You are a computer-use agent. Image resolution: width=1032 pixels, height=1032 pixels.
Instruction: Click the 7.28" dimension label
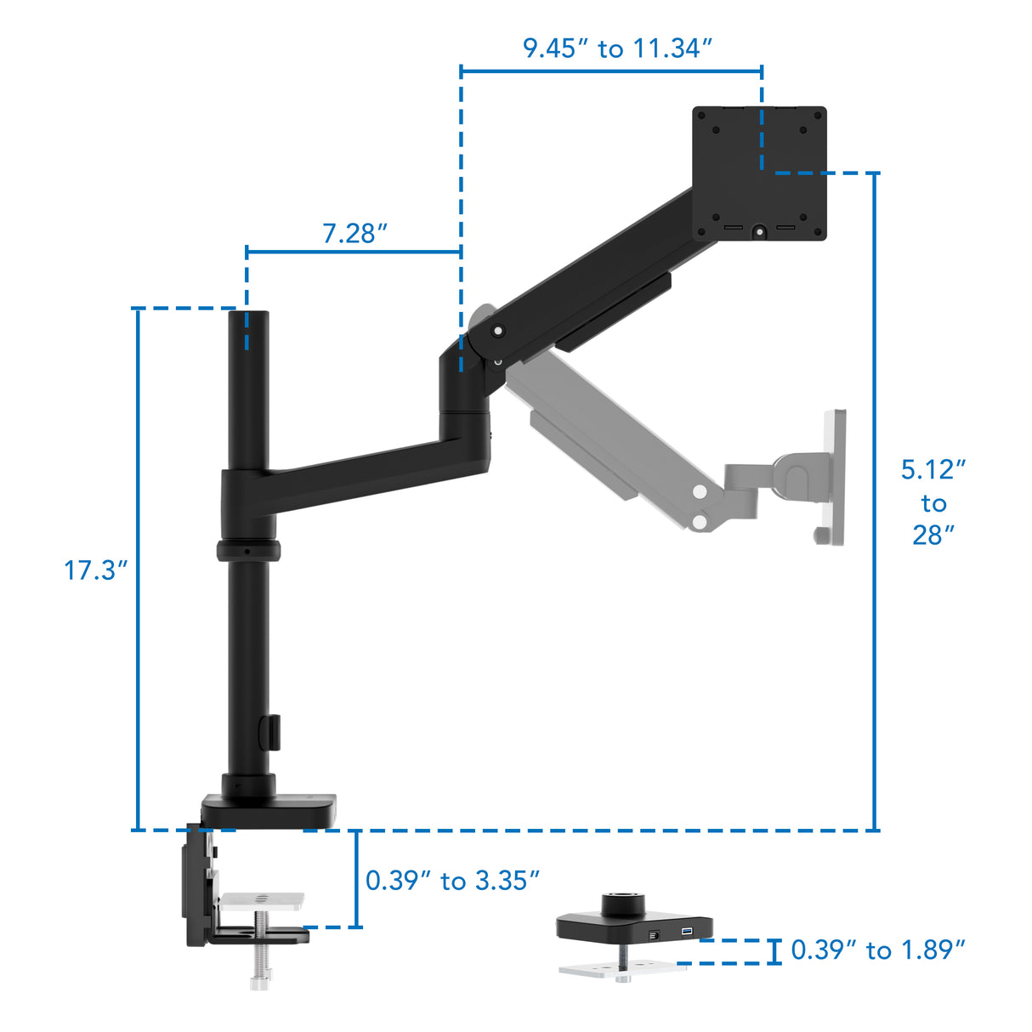point(354,233)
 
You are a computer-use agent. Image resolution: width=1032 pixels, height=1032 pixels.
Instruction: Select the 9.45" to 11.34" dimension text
point(616,48)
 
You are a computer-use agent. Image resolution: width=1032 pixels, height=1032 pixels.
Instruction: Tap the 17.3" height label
point(95,570)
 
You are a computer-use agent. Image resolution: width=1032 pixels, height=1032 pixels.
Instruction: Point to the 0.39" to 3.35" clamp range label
point(452,881)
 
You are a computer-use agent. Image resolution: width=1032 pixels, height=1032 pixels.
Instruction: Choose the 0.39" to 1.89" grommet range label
point(877,950)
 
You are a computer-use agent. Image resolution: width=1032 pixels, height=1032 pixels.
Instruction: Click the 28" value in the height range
point(933,535)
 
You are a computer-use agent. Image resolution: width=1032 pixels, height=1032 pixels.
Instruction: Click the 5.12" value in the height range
point(933,469)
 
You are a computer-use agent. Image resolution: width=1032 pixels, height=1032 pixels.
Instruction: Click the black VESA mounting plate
point(758,173)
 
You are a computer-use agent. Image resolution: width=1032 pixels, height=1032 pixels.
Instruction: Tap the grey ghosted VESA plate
point(834,476)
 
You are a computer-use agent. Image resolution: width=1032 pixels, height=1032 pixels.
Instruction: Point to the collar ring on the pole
point(247,550)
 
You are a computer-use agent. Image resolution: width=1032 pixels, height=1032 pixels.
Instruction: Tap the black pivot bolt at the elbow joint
point(497,331)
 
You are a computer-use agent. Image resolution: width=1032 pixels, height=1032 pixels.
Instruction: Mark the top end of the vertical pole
point(247,316)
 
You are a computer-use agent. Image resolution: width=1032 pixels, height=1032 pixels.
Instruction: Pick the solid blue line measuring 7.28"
point(354,252)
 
